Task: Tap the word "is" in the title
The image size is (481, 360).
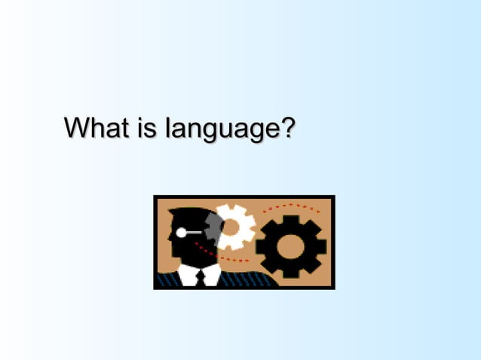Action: [147, 128]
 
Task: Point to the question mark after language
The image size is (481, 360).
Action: [285, 128]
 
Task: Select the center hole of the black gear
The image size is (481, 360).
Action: [290, 245]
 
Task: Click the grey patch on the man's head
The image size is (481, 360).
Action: [213, 225]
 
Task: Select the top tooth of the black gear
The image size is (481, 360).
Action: [290, 218]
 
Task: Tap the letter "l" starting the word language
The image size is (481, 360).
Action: [169, 128]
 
